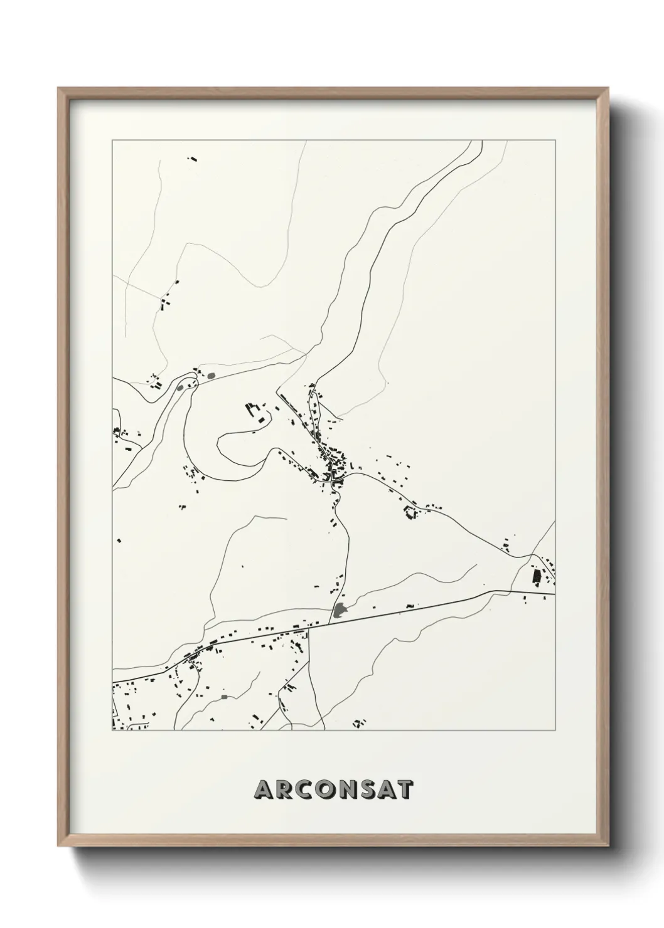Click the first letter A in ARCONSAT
[264, 790]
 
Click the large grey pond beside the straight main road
[340, 609]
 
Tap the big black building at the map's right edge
[537, 577]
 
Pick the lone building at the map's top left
[193, 159]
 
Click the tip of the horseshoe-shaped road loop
[218, 445]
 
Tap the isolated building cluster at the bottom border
[359, 724]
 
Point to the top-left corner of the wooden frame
[60, 89]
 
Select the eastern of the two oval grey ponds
[211, 376]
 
